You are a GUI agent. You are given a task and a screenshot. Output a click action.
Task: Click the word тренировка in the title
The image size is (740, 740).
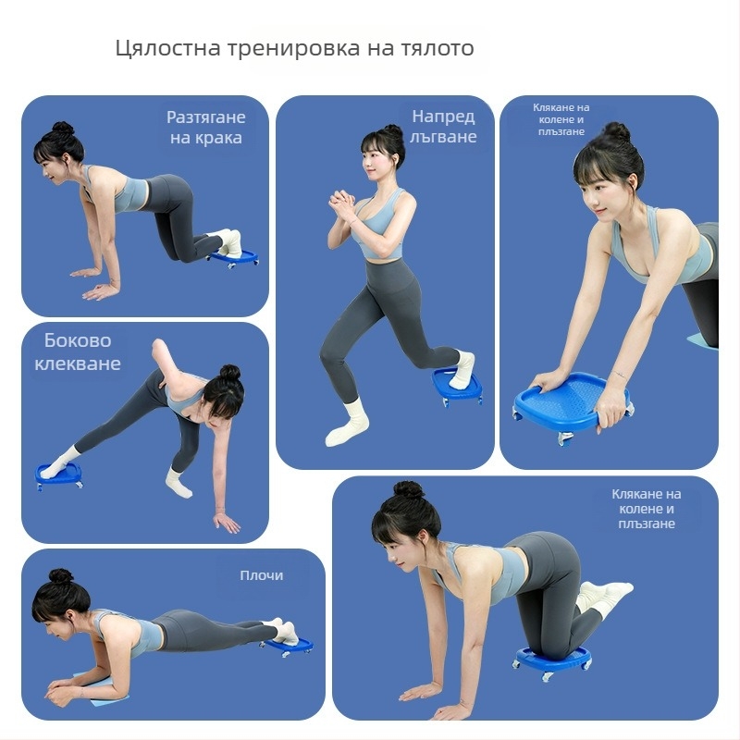click(x=283, y=48)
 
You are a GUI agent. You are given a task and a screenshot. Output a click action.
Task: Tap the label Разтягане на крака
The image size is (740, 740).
click(x=205, y=128)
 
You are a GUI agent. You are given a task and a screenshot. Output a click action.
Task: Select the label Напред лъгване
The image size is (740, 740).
click(x=445, y=127)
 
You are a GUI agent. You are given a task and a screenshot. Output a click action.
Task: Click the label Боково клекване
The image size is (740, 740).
click(x=78, y=351)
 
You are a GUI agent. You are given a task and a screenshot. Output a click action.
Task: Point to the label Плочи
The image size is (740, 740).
click(x=262, y=575)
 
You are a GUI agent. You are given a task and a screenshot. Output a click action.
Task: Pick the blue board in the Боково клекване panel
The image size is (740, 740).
click(x=58, y=475)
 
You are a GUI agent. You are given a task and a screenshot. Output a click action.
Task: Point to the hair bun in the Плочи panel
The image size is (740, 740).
click(x=61, y=576)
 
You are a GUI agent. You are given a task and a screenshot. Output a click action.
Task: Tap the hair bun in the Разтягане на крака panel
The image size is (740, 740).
click(x=62, y=129)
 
